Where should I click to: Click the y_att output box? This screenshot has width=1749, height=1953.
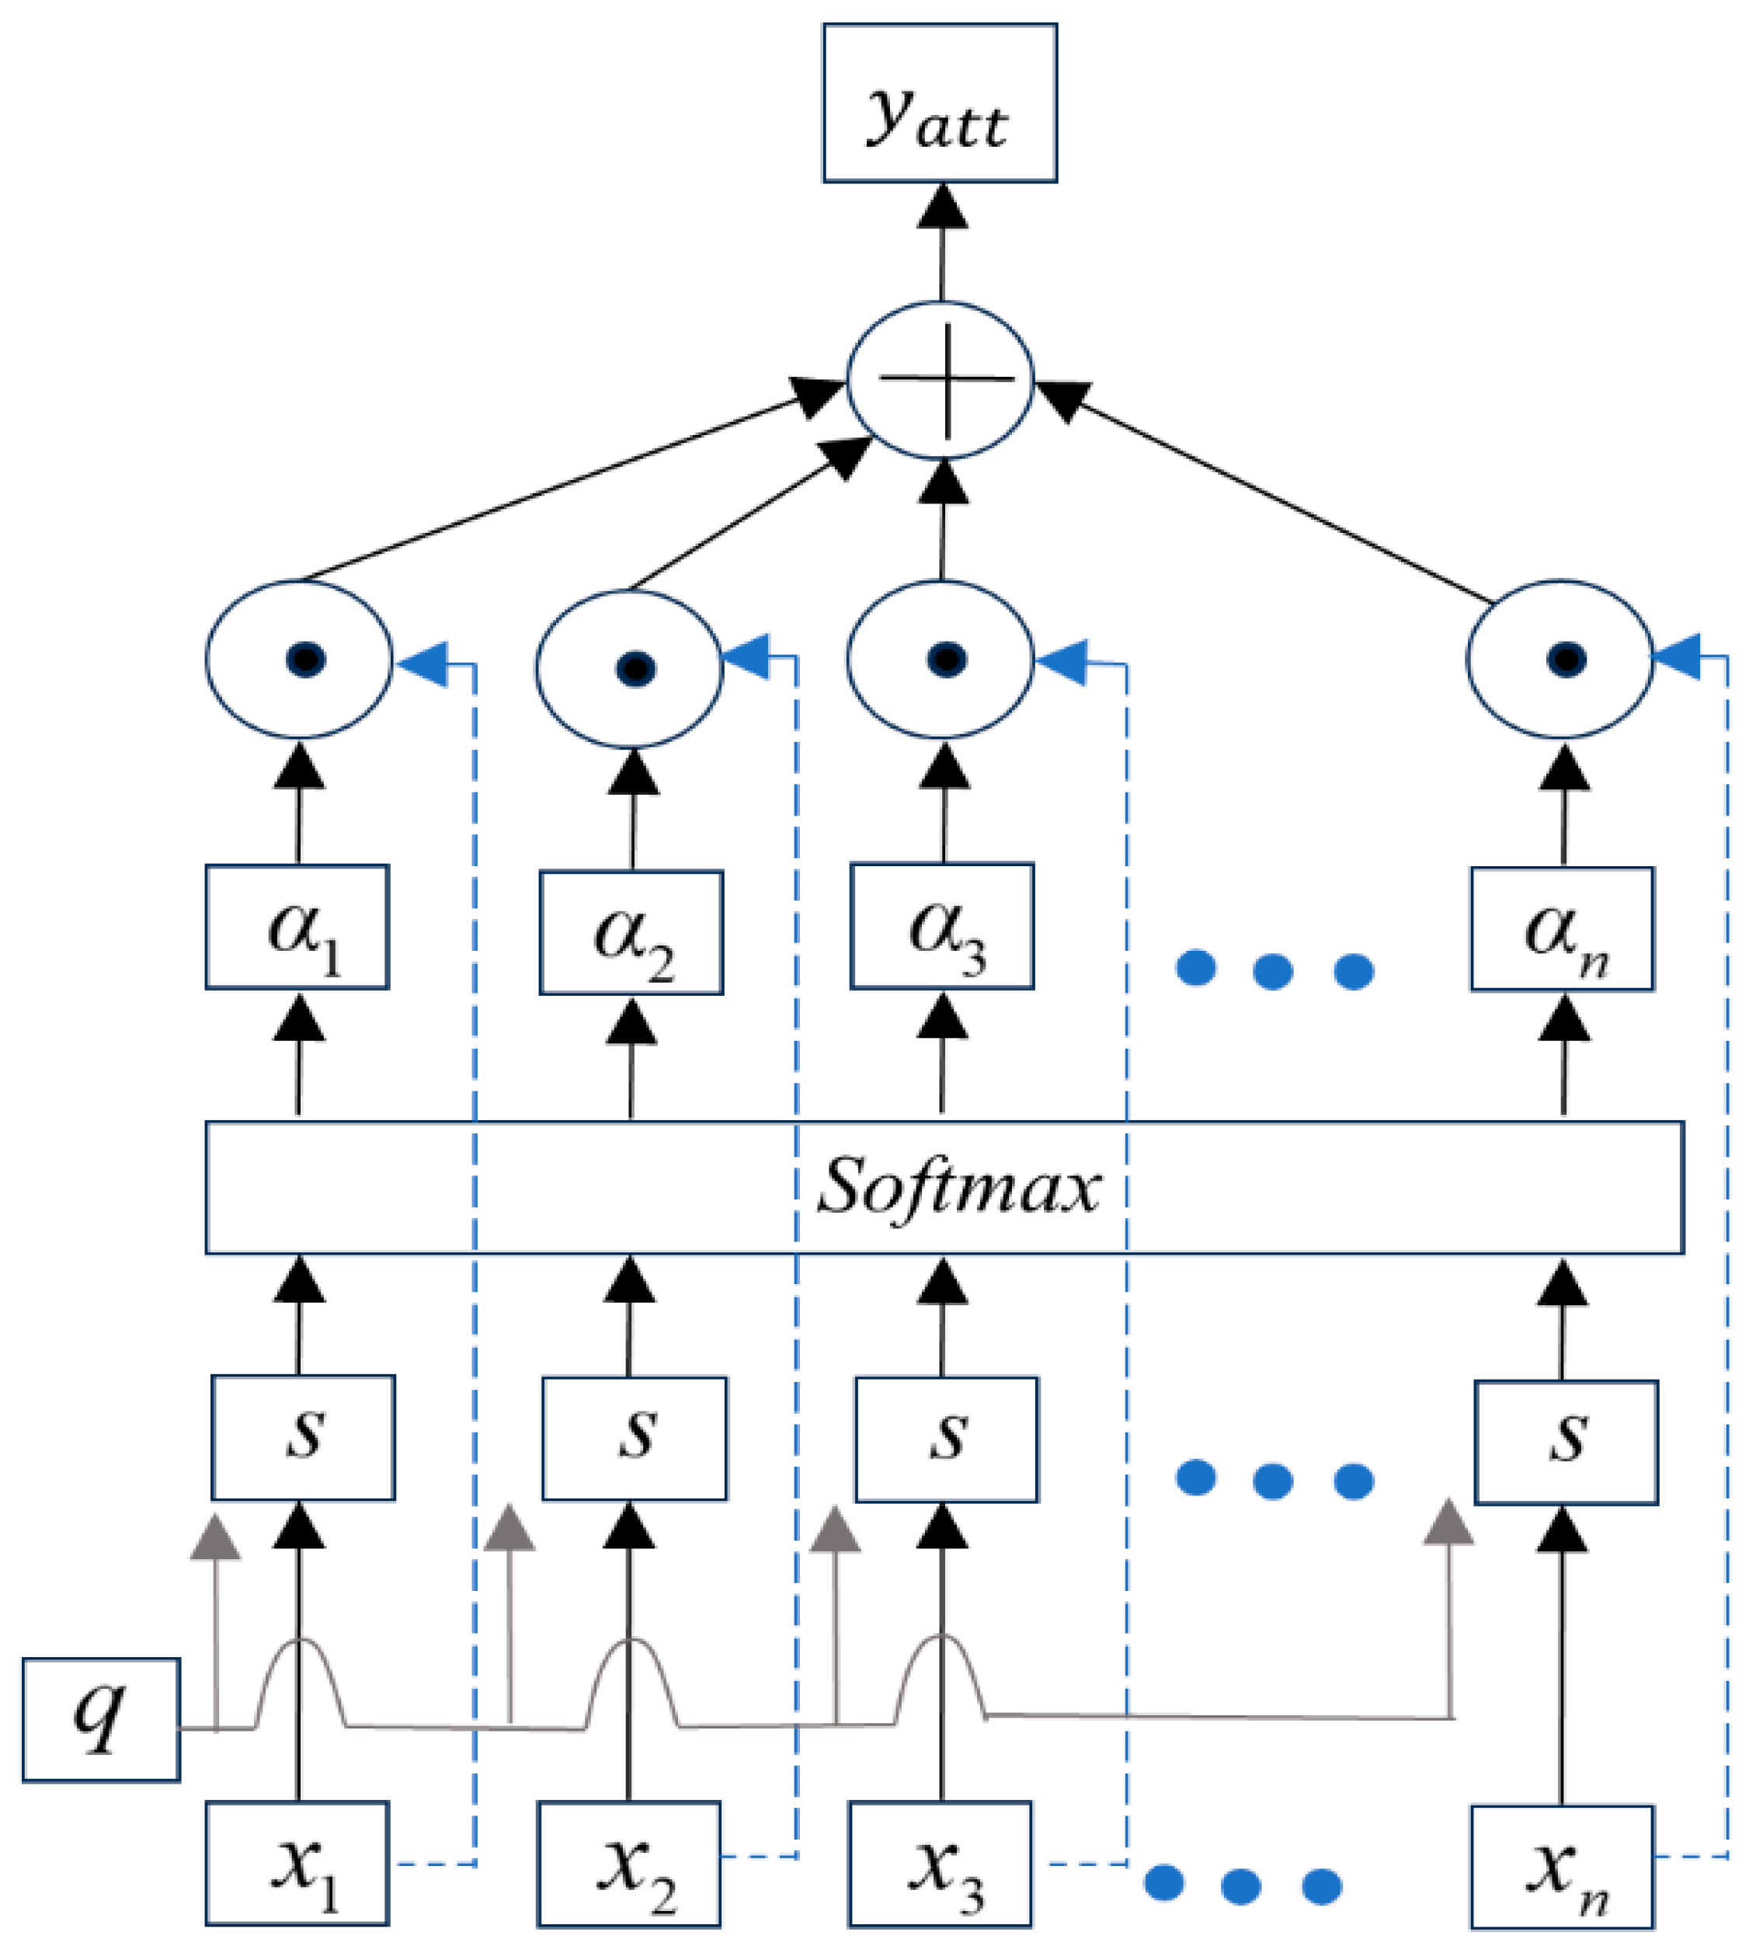[939, 103]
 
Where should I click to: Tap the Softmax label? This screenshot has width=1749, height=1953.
[958, 1186]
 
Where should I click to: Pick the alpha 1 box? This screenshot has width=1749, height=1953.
[297, 927]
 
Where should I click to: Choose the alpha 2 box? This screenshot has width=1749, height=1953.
[631, 931]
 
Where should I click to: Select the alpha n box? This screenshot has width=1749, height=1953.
[1562, 928]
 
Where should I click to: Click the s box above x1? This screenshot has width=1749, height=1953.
[303, 1437]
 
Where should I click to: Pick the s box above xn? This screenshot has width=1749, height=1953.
[1566, 1442]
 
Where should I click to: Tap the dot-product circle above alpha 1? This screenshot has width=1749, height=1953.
[299, 660]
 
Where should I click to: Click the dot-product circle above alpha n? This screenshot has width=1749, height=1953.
[1559, 660]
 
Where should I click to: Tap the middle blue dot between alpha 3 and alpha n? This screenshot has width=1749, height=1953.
[1274, 971]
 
